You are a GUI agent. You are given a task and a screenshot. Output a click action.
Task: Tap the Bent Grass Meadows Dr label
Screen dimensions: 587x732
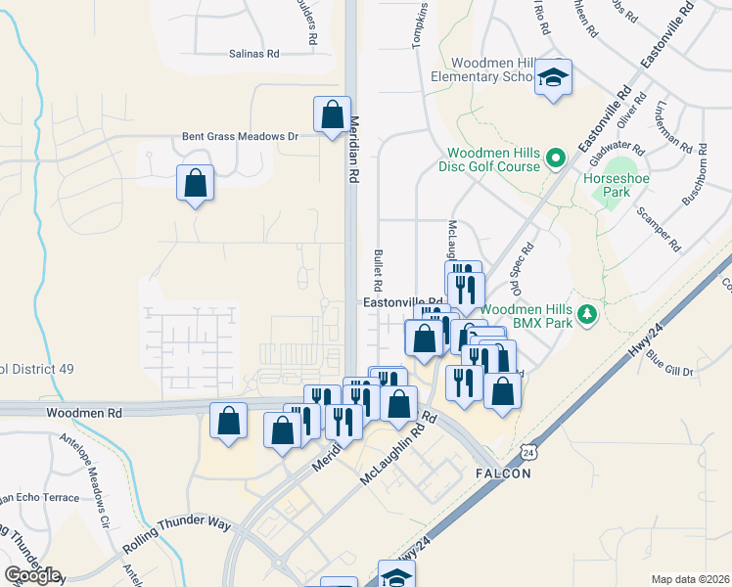click(x=239, y=137)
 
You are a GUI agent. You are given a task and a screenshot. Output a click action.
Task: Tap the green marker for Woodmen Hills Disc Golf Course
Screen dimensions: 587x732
click(x=556, y=157)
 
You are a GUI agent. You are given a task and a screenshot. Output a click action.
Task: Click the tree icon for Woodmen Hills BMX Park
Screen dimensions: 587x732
click(x=586, y=314)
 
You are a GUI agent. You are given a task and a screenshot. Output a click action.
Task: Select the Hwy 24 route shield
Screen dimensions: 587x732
click(x=528, y=453)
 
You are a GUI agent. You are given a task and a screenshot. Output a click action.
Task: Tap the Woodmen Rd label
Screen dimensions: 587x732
click(x=83, y=414)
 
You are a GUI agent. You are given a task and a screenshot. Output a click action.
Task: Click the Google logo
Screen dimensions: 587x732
click(x=32, y=575)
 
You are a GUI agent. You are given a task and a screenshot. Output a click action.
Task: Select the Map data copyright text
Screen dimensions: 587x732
click(x=689, y=579)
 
